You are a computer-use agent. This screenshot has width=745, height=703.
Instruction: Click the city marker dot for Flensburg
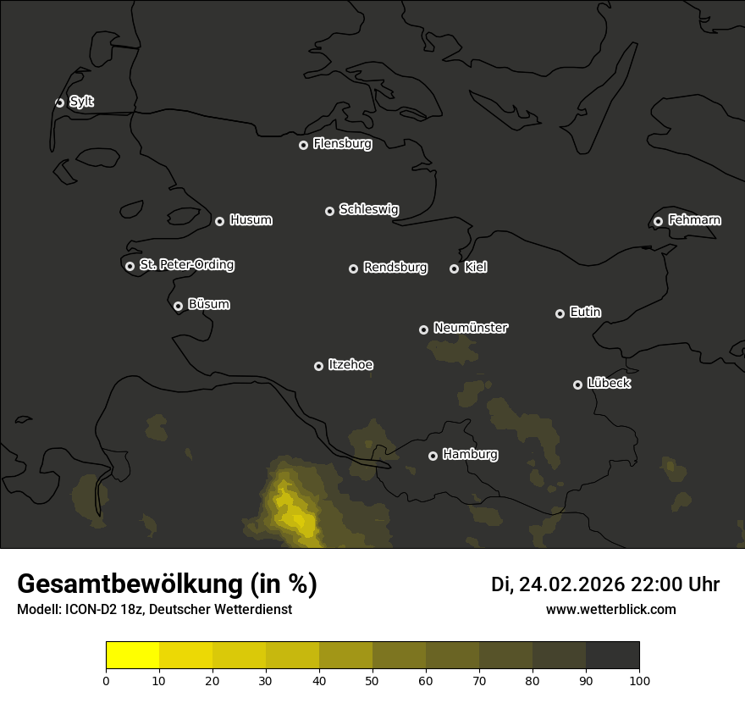(303, 145)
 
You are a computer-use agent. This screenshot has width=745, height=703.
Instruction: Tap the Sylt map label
(81, 102)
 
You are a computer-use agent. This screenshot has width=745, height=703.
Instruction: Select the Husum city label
(251, 220)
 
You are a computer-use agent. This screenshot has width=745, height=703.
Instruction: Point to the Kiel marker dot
(454, 268)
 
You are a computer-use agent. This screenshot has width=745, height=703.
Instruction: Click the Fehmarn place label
(694, 220)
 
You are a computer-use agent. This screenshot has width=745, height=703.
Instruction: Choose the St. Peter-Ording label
(186, 265)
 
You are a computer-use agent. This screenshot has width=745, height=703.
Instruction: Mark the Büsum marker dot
(178, 306)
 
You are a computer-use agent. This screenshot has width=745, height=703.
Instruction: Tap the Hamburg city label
(470, 455)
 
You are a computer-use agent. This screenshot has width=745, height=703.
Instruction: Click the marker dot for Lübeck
(577, 385)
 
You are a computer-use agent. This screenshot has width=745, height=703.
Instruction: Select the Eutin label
(585, 313)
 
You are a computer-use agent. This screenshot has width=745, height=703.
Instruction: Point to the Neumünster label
(471, 328)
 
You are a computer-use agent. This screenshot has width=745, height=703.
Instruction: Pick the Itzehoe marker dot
(318, 366)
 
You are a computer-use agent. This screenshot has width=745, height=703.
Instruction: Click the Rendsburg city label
(395, 268)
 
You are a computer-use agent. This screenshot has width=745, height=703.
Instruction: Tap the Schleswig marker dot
(329, 211)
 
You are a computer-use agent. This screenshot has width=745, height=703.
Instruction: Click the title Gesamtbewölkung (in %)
(167, 584)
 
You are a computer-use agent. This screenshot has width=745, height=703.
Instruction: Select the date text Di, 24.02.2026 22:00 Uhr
(605, 584)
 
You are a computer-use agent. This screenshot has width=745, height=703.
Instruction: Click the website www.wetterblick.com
(610, 609)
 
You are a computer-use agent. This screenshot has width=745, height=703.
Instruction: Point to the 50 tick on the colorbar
(372, 680)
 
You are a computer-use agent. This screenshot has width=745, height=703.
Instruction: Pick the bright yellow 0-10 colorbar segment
(133, 655)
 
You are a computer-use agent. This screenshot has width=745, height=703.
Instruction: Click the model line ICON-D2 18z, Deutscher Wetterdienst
(154, 610)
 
